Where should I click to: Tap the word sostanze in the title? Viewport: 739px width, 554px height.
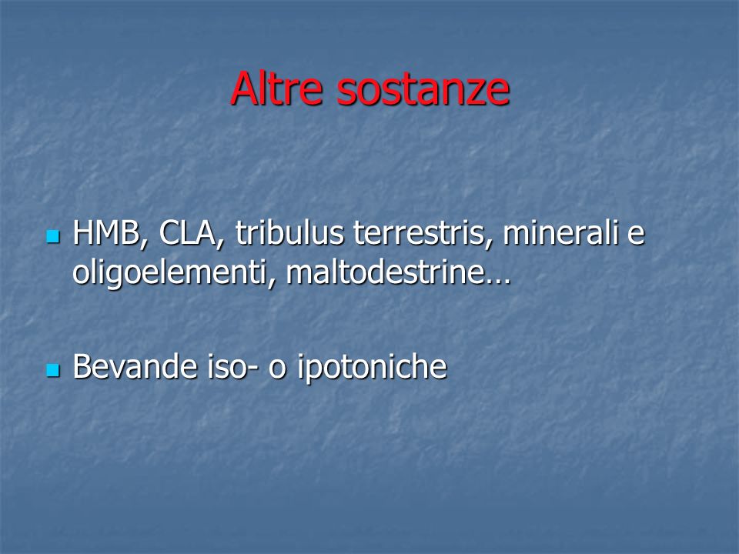coord(423,91)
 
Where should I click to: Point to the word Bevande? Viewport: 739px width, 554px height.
coord(135,366)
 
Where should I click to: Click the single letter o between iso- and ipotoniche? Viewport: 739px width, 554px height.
coord(278,370)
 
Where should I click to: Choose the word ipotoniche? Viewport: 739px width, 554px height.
coord(372,369)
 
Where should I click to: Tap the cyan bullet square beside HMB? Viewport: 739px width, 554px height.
coord(53,236)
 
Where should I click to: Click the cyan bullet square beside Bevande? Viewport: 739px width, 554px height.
coord(53,370)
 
